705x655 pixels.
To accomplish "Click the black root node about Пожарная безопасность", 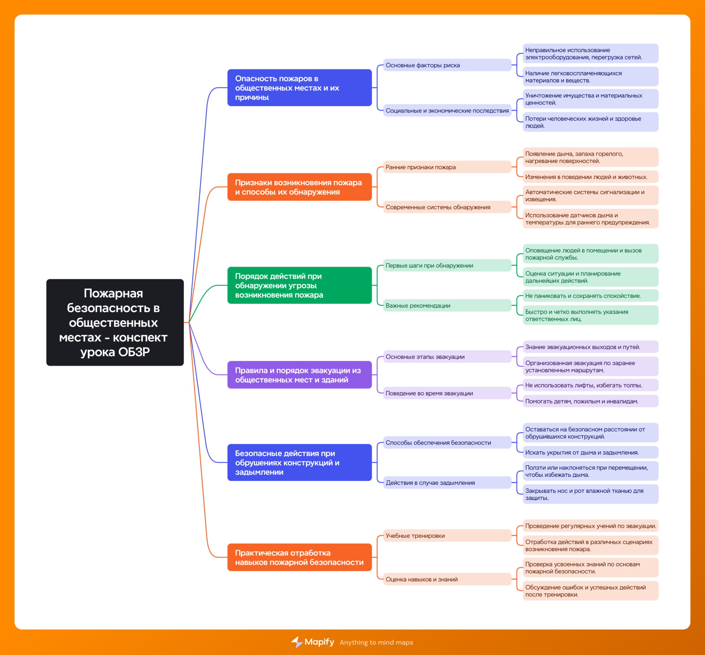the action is point(115,322).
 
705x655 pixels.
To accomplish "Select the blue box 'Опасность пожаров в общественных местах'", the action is point(299,88).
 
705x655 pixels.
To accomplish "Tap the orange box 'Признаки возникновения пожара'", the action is point(299,187).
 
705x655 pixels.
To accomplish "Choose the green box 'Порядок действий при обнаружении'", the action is point(299,285).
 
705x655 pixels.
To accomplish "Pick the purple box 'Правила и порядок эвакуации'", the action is point(299,375).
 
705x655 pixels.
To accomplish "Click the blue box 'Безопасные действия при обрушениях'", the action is point(299,462).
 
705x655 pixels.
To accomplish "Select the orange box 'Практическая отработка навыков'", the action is point(299,557).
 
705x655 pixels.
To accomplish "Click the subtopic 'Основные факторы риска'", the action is point(447,65).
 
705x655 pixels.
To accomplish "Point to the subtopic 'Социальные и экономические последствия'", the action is point(447,111).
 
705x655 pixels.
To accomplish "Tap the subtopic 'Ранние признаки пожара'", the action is point(447,167).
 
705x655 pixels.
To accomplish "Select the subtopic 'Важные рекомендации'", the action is point(447,305).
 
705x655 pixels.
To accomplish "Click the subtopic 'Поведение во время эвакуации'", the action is point(447,393).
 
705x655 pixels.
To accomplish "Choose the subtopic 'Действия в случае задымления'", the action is point(447,483).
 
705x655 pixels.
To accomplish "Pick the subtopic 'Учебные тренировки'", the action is point(447,536).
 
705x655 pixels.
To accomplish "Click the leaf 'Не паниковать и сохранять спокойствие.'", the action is point(590,296).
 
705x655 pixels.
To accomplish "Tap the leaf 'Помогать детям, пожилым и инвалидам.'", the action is point(590,401).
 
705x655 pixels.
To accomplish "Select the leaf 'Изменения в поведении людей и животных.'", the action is point(590,177).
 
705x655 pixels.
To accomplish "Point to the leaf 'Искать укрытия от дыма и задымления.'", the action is point(590,452).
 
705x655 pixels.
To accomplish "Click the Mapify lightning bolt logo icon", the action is point(297,642).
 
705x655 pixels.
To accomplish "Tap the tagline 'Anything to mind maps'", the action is point(376,642).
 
